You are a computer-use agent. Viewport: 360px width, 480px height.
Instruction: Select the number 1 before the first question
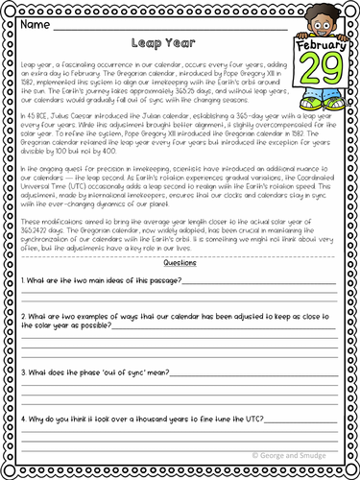pos(21,279)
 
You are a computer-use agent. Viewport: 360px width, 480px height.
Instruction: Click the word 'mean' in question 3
pos(153,371)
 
